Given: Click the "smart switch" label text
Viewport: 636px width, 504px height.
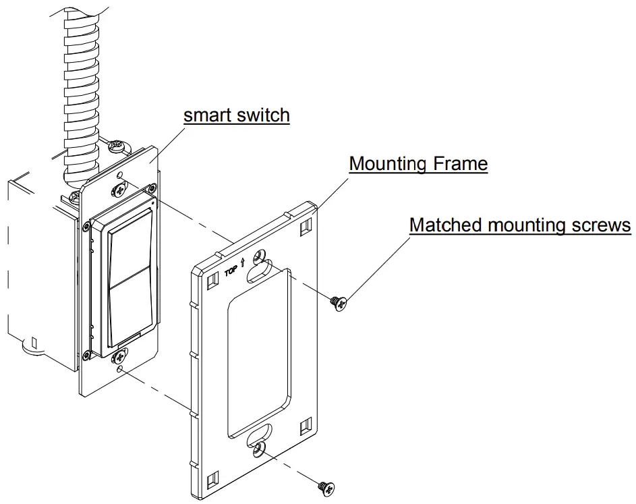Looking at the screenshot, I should point(237,115).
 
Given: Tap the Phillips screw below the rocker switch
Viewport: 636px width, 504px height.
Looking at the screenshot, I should point(121,353).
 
